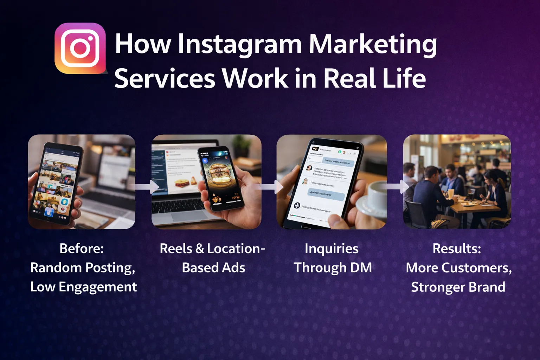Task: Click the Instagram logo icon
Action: [x=80, y=49]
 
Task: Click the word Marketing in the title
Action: [x=373, y=44]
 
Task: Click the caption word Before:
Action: [x=82, y=249]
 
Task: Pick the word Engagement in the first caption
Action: [x=98, y=287]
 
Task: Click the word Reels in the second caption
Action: [x=176, y=249]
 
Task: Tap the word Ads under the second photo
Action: [x=233, y=268]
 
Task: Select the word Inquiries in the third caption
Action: [x=332, y=249]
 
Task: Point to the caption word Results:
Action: [x=457, y=249]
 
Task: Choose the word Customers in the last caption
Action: [x=476, y=268]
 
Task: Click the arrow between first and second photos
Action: [x=148, y=187]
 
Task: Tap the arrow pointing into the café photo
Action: [x=399, y=187]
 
